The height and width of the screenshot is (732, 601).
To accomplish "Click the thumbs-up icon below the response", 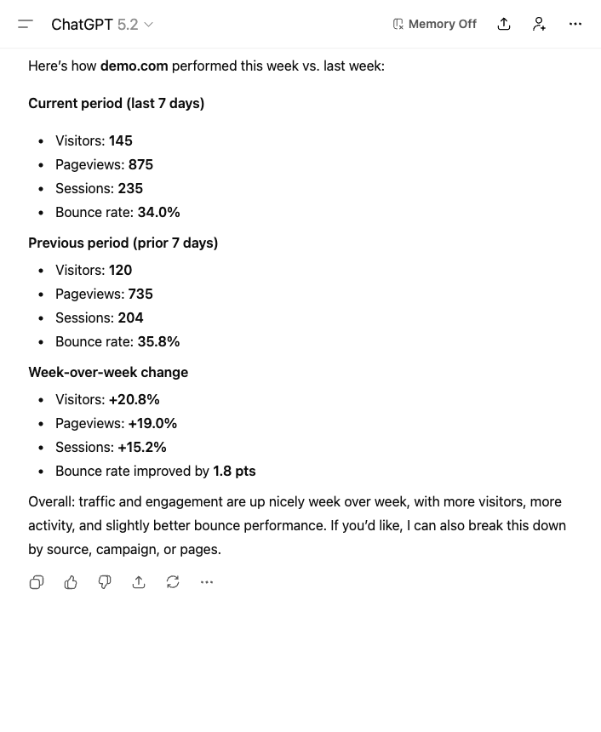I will tap(71, 582).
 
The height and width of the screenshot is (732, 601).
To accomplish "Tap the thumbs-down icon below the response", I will tap(105, 582).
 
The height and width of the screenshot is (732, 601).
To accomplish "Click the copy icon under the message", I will tap(37, 582).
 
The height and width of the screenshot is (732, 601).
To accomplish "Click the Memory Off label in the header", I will tap(435, 24).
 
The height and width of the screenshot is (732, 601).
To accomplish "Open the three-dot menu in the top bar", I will tap(575, 24).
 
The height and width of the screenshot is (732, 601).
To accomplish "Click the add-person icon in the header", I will tap(539, 24).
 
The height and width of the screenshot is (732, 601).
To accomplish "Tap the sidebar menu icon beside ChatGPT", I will tap(26, 24).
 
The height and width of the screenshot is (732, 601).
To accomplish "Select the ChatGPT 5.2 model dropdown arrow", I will tap(149, 25).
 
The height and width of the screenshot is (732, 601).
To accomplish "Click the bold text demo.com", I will tap(134, 66).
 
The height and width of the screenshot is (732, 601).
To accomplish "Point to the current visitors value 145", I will tap(121, 140).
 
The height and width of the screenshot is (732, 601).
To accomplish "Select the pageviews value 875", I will tap(140, 164).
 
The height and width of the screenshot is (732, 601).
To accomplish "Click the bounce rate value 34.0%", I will tap(158, 212).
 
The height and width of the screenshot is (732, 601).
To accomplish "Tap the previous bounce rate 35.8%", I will tap(158, 341).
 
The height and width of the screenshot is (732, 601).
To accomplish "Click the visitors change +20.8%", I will tap(135, 399).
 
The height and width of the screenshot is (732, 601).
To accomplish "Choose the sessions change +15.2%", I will tap(142, 447).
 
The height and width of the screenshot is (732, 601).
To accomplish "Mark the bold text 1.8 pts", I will tap(234, 471).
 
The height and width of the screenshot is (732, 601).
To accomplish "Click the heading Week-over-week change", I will tap(108, 372).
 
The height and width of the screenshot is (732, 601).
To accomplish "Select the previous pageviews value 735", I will tap(140, 294).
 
